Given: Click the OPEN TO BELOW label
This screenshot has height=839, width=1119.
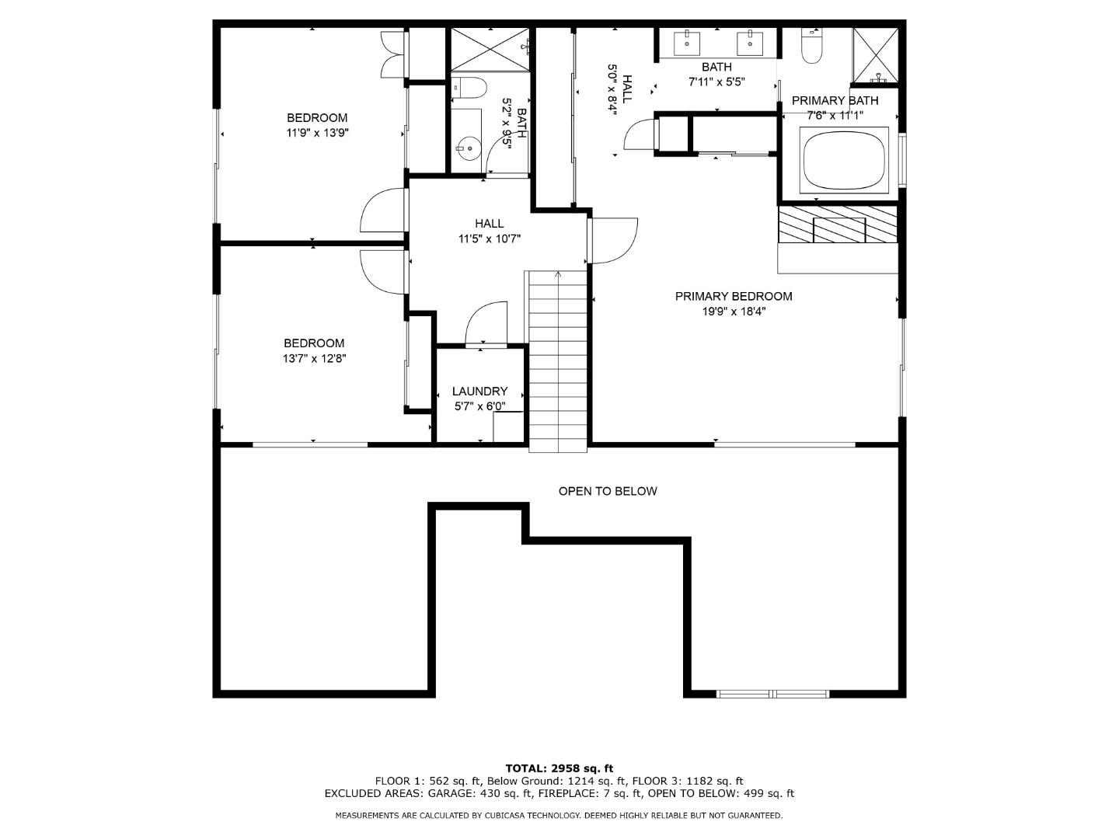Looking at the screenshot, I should pyautogui.click(x=608, y=491).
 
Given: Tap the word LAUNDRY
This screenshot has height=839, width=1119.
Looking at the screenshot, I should pyautogui.click(x=479, y=392).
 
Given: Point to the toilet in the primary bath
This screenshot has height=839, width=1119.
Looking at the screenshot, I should pyautogui.click(x=812, y=49).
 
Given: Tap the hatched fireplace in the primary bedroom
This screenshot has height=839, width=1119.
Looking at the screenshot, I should pyautogui.click(x=838, y=225).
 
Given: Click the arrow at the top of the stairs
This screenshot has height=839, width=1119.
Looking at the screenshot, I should pyautogui.click(x=558, y=274).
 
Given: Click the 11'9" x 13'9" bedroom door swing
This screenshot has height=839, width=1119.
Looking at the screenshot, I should pyautogui.click(x=382, y=211).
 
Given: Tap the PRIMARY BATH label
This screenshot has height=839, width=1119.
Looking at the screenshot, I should pyautogui.click(x=835, y=100).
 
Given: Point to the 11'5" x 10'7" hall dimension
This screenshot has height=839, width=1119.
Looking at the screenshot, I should pyautogui.click(x=489, y=239).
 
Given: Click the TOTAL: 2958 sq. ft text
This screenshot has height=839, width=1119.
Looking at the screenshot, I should pyautogui.click(x=559, y=768).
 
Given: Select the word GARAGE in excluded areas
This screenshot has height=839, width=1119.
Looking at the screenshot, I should pyautogui.click(x=448, y=793).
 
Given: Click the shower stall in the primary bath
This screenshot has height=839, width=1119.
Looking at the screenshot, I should pyautogui.click(x=876, y=55).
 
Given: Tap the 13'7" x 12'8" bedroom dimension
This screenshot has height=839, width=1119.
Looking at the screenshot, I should pyautogui.click(x=314, y=359).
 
